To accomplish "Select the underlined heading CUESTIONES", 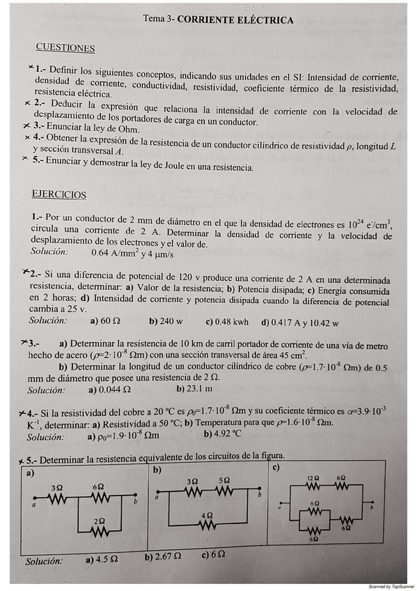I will (65, 48).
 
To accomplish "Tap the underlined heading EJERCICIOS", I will (59, 194).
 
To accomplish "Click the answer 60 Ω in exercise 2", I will (110, 322).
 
